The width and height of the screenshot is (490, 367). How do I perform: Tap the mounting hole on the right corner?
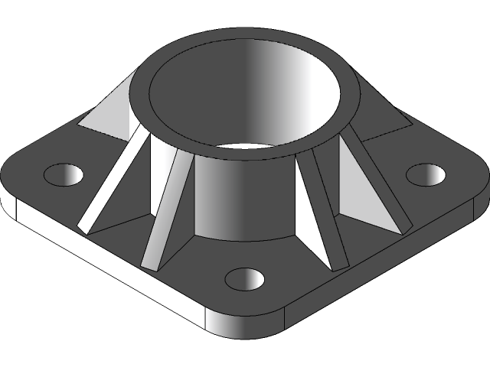point(425,174)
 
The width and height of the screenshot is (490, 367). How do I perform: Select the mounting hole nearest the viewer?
point(244,279)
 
